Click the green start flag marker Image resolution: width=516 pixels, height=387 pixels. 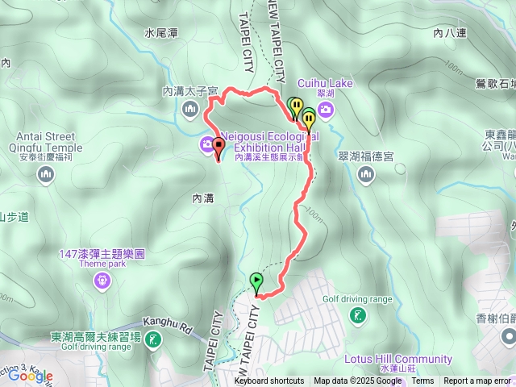coord(257,282)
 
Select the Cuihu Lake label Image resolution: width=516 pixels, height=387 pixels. coord(325,82)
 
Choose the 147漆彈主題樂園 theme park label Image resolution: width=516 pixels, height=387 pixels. coord(102,253)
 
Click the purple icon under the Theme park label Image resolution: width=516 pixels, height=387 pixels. coord(102,281)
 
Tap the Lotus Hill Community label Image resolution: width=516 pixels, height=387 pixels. coord(397,359)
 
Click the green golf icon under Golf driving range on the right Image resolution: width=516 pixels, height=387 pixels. coord(357,317)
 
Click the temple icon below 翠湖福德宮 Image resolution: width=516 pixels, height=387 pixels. coord(367,173)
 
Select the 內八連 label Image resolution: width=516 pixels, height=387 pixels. coord(449,33)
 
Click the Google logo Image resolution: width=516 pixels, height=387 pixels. coord(31,375)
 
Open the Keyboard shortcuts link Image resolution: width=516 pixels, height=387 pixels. coord(269,381)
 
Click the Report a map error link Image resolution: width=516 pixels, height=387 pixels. coord(478,381)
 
